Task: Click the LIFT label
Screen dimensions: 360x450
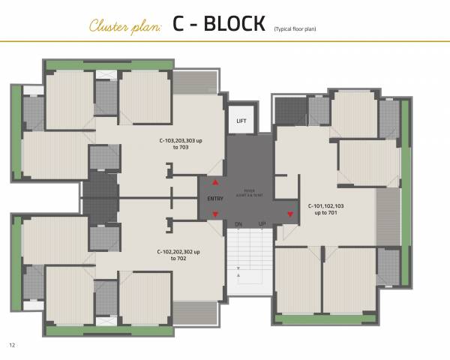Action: click(241, 120)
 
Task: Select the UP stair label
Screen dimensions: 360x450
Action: click(262, 224)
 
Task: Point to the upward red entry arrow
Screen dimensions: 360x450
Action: click(216, 182)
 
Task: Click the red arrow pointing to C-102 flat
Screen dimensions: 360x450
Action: click(216, 214)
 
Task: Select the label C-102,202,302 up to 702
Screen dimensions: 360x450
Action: click(178, 254)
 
